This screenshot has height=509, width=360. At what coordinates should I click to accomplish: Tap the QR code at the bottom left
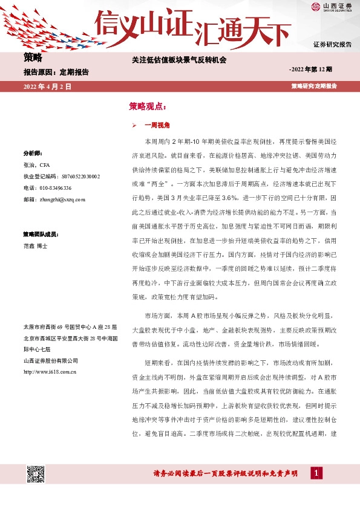(x=36, y=475)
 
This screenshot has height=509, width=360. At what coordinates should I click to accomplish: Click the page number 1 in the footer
(x=315, y=473)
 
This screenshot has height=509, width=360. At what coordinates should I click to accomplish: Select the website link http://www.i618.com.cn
(x=49, y=371)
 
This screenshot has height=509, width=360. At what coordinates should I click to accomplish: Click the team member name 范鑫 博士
(x=35, y=246)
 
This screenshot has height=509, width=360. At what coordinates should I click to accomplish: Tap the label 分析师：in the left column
(x=32, y=153)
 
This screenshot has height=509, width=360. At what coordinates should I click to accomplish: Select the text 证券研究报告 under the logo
(x=332, y=45)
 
